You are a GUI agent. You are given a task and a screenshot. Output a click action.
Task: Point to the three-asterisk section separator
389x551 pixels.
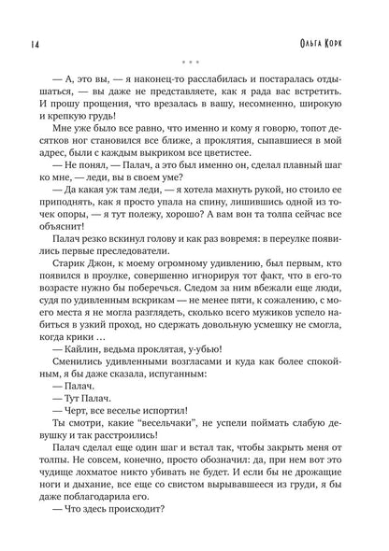click(194, 66)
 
